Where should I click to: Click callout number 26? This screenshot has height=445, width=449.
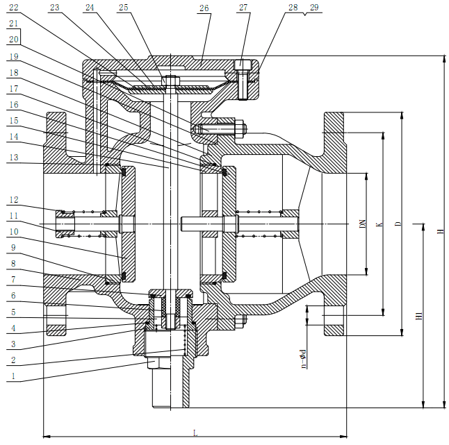click(204, 8)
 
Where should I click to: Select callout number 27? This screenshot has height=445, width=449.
click(243, 8)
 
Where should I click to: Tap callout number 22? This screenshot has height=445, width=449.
click(14, 8)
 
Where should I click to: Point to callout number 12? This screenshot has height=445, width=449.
click(14, 200)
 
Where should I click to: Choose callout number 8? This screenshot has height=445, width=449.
click(14, 264)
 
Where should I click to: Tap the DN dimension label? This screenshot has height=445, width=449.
click(362, 224)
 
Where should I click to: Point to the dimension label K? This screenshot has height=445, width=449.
click(379, 224)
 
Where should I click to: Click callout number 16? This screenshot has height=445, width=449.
click(14, 104)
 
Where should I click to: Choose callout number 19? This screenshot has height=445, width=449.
click(14, 56)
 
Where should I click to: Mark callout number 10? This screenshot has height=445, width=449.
click(14, 232)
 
